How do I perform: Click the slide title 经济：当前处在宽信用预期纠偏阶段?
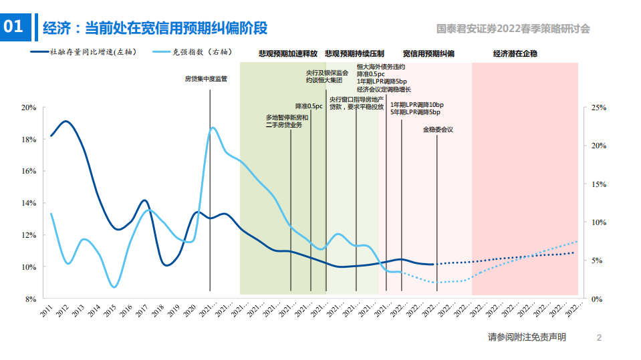click(x=155, y=28)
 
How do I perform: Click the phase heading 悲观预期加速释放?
click(x=288, y=53)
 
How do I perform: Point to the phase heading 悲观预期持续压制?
click(x=354, y=53)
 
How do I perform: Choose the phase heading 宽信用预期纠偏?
click(x=428, y=53)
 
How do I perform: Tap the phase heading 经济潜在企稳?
click(x=515, y=53)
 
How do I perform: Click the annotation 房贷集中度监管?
click(x=206, y=79)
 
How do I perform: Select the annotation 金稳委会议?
click(x=438, y=130)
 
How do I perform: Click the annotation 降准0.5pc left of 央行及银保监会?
click(x=309, y=106)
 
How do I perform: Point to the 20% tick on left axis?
click(x=29, y=108)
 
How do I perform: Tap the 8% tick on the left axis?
click(x=31, y=299)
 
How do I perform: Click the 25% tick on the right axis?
click(x=598, y=108)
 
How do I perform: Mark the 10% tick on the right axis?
click(x=598, y=222)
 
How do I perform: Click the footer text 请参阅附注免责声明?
click(x=527, y=338)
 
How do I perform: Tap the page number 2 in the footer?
click(x=599, y=338)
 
